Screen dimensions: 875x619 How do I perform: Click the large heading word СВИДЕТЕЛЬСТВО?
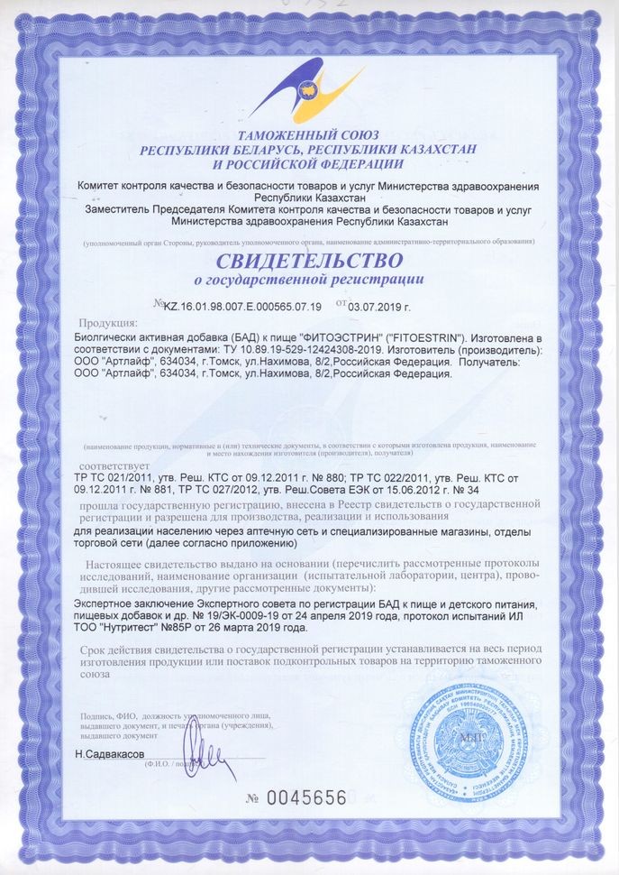point(309,262)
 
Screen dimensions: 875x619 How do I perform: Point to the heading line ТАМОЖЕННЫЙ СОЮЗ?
point(309,135)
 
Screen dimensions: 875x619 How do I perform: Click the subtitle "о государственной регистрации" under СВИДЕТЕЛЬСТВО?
point(309,281)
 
